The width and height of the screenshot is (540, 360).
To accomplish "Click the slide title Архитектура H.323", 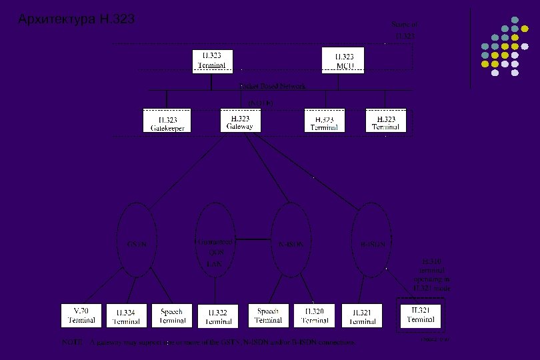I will (77, 19).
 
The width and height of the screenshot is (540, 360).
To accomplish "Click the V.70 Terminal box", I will (83, 315).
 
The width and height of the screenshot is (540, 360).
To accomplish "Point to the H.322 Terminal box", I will (218, 316).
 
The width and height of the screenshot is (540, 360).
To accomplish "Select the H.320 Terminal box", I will (314, 315).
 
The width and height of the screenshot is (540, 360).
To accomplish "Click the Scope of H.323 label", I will (405, 29).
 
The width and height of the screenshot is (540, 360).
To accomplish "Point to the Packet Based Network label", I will (273, 86).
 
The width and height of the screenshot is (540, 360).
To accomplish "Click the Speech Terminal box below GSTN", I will (173, 315).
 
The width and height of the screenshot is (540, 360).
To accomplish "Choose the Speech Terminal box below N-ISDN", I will (268, 315).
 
